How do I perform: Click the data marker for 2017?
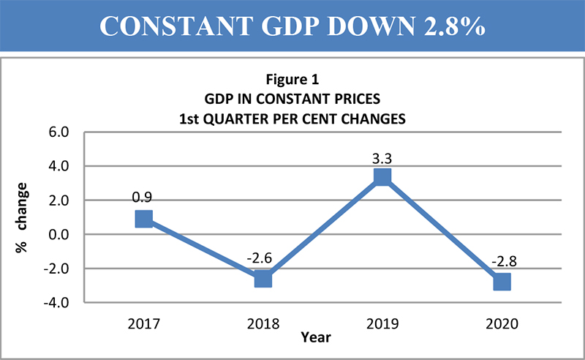(143, 219)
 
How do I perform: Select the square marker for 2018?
(263, 279)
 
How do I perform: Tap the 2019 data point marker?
(382, 177)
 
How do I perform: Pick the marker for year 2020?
(501, 282)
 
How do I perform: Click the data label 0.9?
(143, 197)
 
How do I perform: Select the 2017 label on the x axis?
(143, 323)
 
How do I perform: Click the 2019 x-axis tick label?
(382, 323)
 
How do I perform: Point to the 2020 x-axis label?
(501, 323)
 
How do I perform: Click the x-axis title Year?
(315, 337)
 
